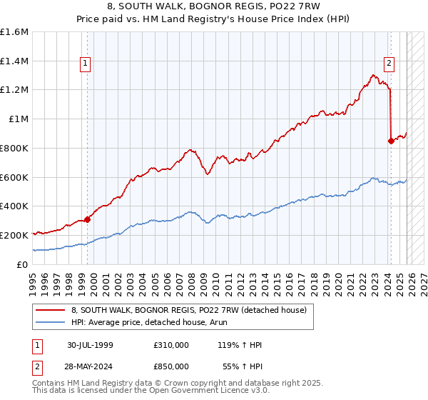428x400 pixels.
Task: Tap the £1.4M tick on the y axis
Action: [x=14, y=61]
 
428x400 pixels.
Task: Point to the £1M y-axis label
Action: [x=18, y=119]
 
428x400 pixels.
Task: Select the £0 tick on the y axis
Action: [x=22, y=264]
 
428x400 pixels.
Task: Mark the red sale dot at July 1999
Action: [x=88, y=219]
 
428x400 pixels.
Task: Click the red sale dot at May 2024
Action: [x=391, y=141]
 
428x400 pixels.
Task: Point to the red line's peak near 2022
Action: [x=372, y=74]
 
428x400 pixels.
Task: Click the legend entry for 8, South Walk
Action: [x=189, y=309]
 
